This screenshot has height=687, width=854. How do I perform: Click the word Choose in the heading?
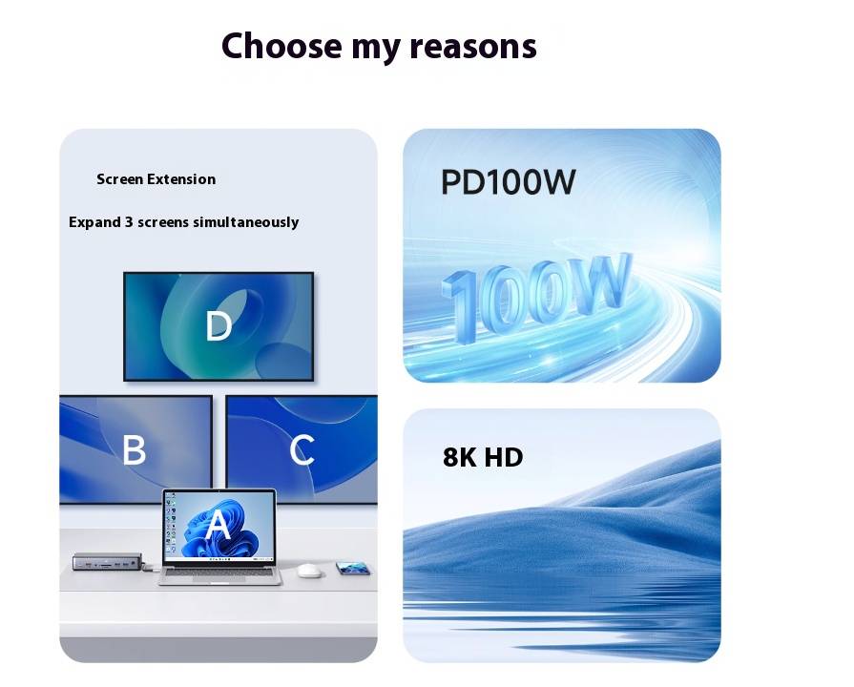point(281,46)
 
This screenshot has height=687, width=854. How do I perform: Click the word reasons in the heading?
point(472,47)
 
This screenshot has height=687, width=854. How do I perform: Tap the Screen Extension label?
point(156,179)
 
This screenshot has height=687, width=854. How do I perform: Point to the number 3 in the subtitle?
point(129,222)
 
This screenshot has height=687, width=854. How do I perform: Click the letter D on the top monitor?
point(219,325)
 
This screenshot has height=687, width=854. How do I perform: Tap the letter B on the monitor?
point(134,449)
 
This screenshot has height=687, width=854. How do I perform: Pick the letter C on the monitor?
point(302,449)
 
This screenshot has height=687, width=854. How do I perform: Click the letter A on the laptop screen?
point(218,525)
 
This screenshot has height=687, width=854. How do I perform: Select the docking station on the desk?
point(108,561)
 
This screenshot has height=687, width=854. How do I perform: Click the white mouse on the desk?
point(309,571)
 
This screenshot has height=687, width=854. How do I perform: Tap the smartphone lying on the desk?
point(353,569)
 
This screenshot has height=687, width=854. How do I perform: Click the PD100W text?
point(509,182)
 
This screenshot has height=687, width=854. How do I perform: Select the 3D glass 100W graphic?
point(536,296)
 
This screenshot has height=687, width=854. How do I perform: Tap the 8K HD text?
point(483,457)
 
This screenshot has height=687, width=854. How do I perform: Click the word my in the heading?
point(376,48)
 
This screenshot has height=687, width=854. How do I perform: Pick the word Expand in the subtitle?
point(94,223)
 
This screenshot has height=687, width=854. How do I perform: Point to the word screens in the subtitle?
point(163,222)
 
